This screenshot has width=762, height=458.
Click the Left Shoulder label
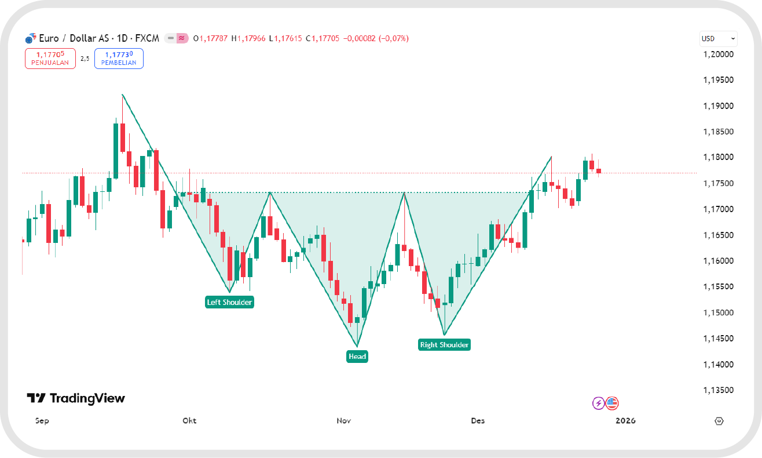click(230, 302)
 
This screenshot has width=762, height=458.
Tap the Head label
click(357, 356)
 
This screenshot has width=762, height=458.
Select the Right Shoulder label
click(444, 345)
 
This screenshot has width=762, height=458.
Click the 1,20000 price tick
click(718, 54)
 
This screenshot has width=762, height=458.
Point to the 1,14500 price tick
click(718, 339)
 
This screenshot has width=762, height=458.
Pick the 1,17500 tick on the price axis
click(718, 184)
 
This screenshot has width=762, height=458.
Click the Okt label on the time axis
click(189, 420)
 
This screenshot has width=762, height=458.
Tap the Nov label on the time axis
click(344, 420)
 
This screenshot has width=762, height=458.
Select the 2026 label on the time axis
click(625, 420)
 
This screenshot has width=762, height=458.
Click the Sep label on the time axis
click(42, 420)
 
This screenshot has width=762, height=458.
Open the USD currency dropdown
click(718, 39)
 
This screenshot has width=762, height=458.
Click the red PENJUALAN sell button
click(50, 59)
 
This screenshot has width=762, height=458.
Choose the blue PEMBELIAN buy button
click(119, 59)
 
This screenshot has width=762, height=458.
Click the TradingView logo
click(76, 398)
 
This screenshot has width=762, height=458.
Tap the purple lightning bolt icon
click(598, 403)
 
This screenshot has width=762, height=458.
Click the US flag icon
click(612, 403)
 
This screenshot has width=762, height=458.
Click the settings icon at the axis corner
click(720, 421)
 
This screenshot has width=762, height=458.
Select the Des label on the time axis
click(478, 420)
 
